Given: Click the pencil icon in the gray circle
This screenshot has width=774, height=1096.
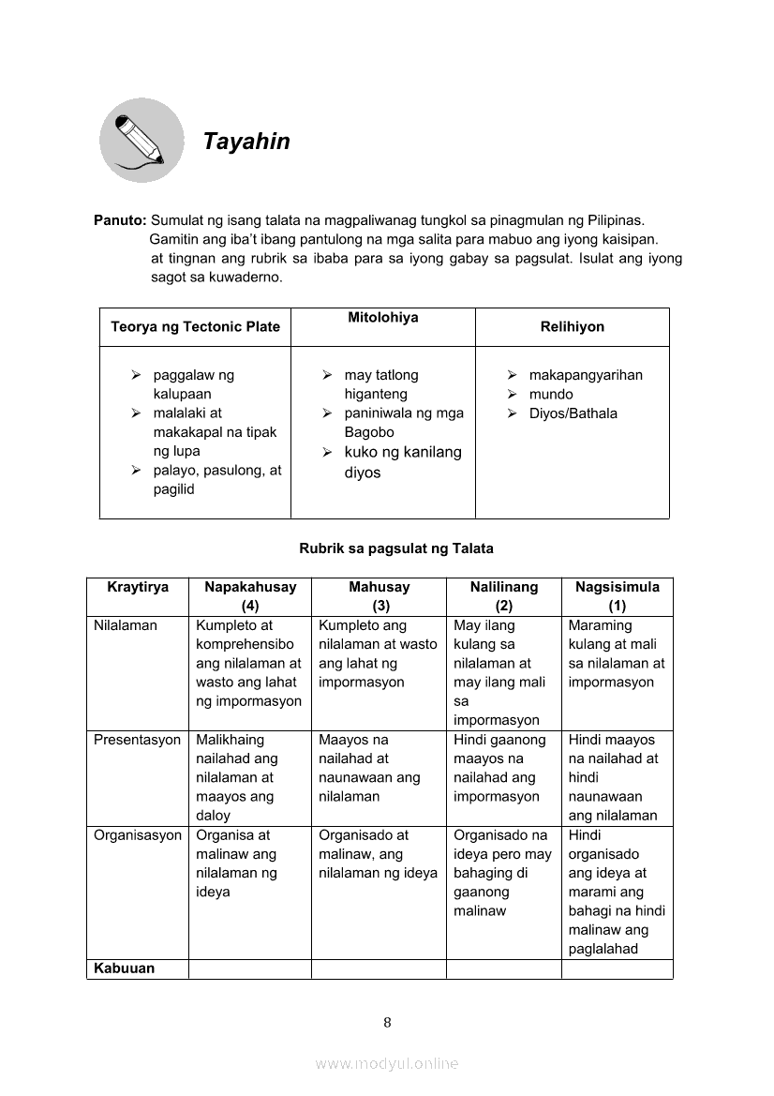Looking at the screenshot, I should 141,141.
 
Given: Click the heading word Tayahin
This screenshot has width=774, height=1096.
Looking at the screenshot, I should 246,142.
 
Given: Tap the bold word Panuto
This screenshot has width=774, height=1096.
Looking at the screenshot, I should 119,220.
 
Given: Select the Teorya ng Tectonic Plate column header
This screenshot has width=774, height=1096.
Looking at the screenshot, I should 195,327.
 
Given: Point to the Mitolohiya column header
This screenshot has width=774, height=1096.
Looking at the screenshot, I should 382,318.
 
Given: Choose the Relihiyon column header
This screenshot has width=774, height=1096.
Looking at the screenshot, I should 572,327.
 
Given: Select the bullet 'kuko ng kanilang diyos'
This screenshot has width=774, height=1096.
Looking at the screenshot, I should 402,462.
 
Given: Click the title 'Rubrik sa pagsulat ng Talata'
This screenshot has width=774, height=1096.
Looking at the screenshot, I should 395,548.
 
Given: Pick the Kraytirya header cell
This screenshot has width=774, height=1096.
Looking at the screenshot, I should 138,588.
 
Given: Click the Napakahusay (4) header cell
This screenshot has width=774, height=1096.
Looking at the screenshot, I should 250,596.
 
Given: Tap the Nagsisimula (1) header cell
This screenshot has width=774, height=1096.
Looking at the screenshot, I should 617,596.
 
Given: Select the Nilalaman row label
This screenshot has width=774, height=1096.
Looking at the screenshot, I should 126,625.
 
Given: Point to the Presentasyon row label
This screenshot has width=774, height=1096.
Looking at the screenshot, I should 137,740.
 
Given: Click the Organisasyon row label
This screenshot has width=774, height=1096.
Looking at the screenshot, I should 138,835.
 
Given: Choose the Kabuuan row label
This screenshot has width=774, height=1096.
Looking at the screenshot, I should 125,968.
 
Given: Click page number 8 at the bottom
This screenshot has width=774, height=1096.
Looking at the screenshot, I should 387,1023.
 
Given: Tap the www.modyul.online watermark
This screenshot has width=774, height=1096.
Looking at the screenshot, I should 387,1063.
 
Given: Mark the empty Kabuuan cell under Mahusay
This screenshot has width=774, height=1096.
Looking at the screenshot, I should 378,968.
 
